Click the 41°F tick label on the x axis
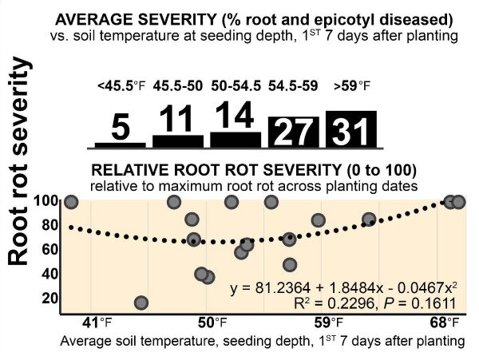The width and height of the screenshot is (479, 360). click(98, 323)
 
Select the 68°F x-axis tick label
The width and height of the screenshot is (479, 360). click(444, 323)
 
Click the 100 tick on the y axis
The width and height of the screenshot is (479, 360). click(46, 201)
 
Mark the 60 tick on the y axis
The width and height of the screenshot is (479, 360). click(49, 250)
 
